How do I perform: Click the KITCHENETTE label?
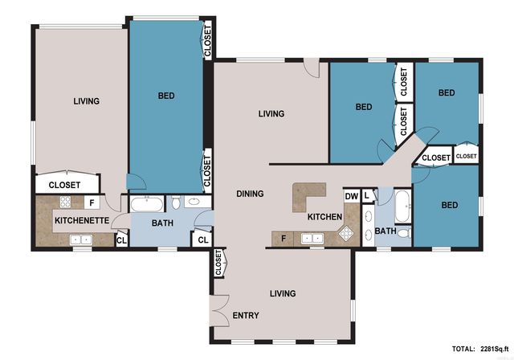tap(75, 219)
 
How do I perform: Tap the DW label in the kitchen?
tap(351, 196)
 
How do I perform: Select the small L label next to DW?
tap(366, 195)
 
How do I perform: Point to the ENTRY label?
tap(245, 315)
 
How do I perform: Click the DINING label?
tap(251, 194)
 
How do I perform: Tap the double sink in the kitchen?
tap(312, 238)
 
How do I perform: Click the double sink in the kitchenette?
tap(80, 239)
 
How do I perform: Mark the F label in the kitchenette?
tap(92, 203)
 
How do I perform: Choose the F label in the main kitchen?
tap(284, 239)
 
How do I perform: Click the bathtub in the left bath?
tap(147, 202)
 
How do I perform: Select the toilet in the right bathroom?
tap(404, 233)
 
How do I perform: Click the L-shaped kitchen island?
tap(309, 195)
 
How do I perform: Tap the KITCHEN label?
tap(325, 217)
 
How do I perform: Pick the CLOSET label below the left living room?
tap(64, 185)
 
